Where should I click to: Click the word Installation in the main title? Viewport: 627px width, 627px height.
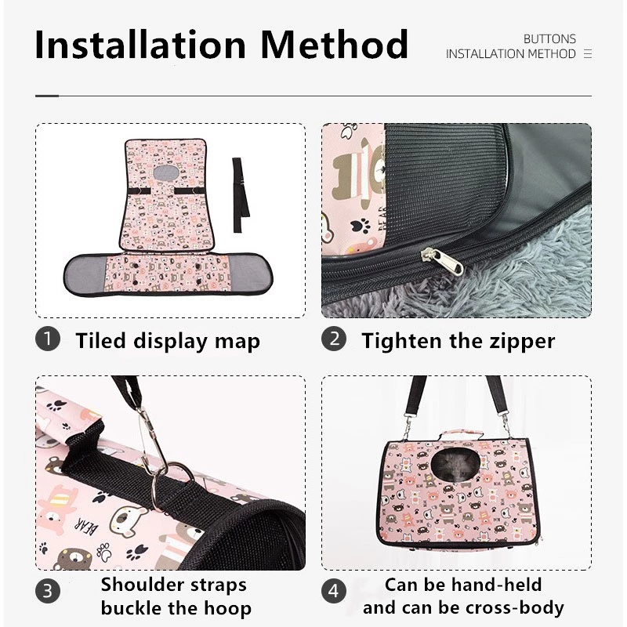click(x=140, y=45)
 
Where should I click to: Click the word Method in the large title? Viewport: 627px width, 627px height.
click(x=334, y=45)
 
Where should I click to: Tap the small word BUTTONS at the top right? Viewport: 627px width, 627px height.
click(x=549, y=38)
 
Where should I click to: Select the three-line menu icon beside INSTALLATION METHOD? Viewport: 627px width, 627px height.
click(x=587, y=53)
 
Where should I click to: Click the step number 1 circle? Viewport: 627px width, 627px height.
click(x=48, y=339)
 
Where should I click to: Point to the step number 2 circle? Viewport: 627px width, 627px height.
click(x=334, y=339)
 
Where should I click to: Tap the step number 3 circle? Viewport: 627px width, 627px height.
click(x=48, y=591)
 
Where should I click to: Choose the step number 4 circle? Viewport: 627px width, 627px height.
click(x=334, y=591)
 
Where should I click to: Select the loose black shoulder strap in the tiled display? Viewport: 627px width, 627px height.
click(x=241, y=194)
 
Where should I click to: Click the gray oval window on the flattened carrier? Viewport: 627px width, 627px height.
click(x=167, y=172)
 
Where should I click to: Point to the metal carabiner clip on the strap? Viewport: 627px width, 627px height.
click(x=152, y=440)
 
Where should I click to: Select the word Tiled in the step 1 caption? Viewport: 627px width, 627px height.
click(x=100, y=341)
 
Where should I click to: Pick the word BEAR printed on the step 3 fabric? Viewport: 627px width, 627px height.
click(x=86, y=527)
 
